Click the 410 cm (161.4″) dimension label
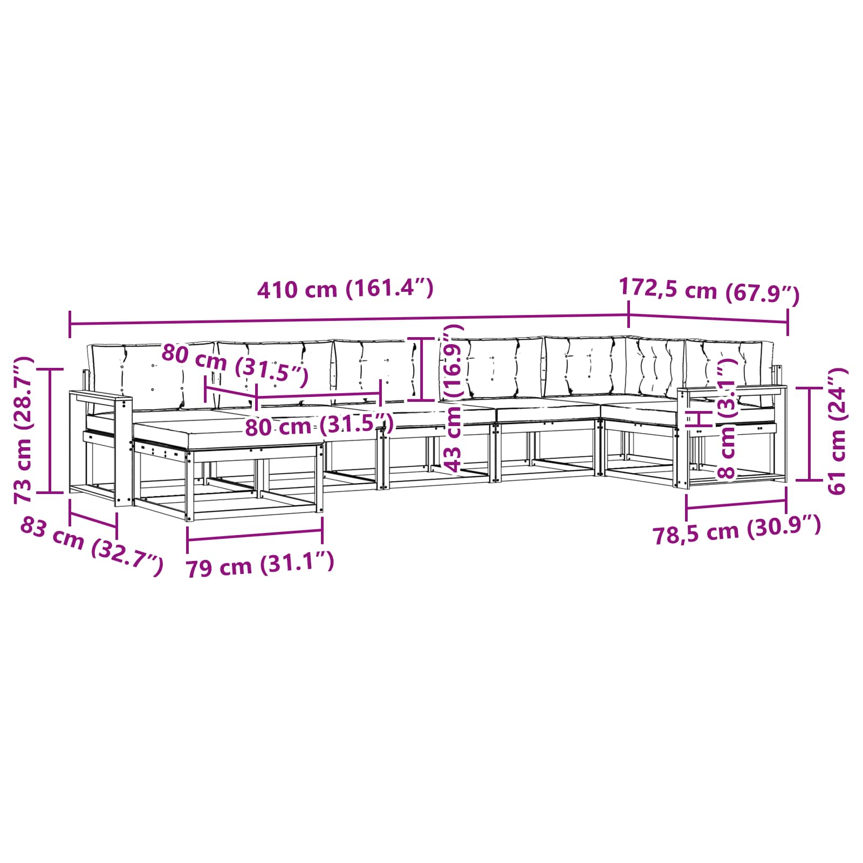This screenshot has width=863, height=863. click(x=345, y=289)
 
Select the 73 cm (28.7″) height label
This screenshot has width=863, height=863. click(x=24, y=430)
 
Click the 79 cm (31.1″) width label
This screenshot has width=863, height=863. click(x=260, y=565)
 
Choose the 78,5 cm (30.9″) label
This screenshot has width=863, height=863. click(x=737, y=531)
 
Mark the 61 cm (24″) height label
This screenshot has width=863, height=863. click(x=837, y=430)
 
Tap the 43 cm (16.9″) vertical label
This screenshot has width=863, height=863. click(x=452, y=398)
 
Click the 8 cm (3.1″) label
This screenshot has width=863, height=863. click(x=727, y=421)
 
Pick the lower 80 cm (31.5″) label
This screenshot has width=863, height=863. click(x=319, y=425)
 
